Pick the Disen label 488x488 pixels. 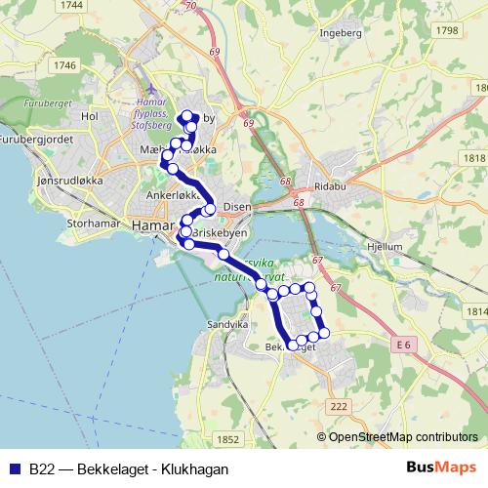237,207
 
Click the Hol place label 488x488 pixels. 92,115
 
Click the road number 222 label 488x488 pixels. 339,406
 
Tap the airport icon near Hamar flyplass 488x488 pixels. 147,91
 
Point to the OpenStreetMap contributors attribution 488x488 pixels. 403,437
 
